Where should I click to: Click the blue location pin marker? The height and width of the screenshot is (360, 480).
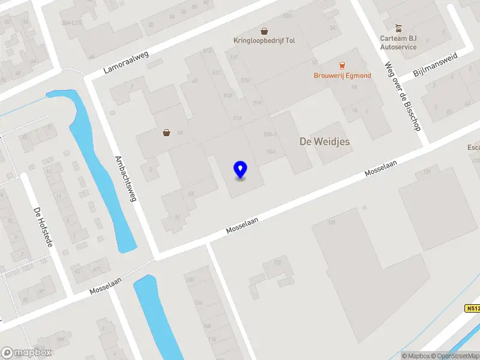[x=240, y=170]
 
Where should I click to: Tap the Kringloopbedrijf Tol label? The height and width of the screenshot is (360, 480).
[x=264, y=41]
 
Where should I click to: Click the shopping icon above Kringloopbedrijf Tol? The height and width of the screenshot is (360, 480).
[x=264, y=31]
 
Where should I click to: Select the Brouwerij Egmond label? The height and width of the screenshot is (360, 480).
[x=342, y=76]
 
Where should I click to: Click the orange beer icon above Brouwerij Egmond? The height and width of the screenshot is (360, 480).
[x=342, y=65]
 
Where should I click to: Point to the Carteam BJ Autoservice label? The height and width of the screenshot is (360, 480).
[x=398, y=43]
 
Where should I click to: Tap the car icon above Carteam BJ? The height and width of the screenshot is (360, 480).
[x=398, y=28]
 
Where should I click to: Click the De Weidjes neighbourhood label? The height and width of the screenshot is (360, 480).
[x=324, y=142]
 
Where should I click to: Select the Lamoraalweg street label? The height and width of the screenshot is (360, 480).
[x=125, y=62]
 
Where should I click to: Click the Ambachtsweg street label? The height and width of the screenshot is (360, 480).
[x=125, y=179]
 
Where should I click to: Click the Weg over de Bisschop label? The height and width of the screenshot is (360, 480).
[x=403, y=97]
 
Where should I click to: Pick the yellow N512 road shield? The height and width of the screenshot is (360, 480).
[x=473, y=308]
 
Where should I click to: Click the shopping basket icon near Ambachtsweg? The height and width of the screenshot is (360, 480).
[x=166, y=133]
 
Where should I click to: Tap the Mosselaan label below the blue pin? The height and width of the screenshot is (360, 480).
[x=242, y=226]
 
